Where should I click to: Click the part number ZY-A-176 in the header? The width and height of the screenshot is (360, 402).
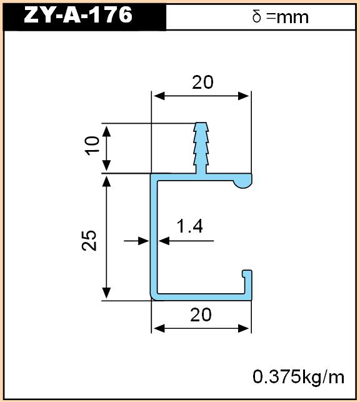pyautogui.click(x=78, y=15)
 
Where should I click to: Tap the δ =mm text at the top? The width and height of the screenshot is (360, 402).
pyautogui.click(x=281, y=17)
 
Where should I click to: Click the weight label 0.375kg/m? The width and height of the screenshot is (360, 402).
pyautogui.click(x=299, y=377)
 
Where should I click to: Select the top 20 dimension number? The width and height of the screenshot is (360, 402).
pyautogui.click(x=202, y=83)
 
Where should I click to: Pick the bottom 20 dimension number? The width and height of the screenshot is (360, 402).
pyautogui.click(x=201, y=315)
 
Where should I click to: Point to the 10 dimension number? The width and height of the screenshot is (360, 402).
pyautogui.click(x=92, y=146)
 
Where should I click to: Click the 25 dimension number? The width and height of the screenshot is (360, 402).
pyautogui.click(x=89, y=241)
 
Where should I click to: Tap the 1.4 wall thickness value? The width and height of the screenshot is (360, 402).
pyautogui.click(x=190, y=226)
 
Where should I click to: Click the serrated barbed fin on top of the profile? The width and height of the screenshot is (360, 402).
pyautogui.click(x=201, y=148)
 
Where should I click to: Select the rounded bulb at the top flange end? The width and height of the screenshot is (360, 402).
pyautogui.click(x=243, y=181)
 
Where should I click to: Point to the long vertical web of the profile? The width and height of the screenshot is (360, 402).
pyautogui.click(x=154, y=236)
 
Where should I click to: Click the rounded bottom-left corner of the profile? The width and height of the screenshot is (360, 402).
pyautogui.click(x=152, y=298)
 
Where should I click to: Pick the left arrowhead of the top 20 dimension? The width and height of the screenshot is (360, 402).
pyautogui.click(x=159, y=96)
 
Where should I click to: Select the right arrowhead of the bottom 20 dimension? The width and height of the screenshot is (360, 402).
pyautogui.click(x=244, y=329)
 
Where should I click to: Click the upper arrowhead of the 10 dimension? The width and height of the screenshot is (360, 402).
pyautogui.click(x=107, y=131)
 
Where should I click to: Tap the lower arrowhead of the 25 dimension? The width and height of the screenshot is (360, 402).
pyautogui.click(x=107, y=294)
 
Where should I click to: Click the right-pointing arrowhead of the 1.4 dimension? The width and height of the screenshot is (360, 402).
pyautogui.click(x=144, y=241)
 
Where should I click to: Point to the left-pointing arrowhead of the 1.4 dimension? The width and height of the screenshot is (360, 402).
pyautogui.click(x=164, y=241)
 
